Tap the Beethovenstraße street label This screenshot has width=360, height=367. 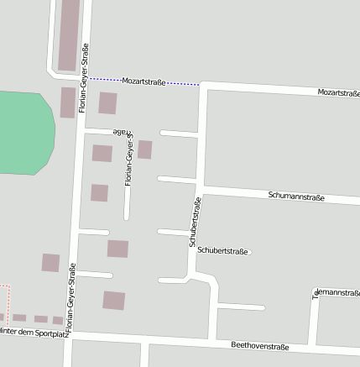click(x=260, y=346)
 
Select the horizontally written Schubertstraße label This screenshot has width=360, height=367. click(x=223, y=250)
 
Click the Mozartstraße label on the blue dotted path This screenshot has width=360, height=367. click(x=143, y=81)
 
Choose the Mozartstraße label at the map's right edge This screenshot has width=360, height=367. click(x=338, y=92)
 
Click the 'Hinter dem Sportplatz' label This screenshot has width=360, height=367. click(x=34, y=333)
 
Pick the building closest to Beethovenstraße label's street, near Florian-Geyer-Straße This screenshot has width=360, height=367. click(x=113, y=300)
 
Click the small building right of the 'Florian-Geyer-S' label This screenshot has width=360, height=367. click(x=145, y=149)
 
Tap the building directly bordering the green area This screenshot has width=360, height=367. click(x=67, y=102)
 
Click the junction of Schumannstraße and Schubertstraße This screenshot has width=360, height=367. click(x=201, y=188)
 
